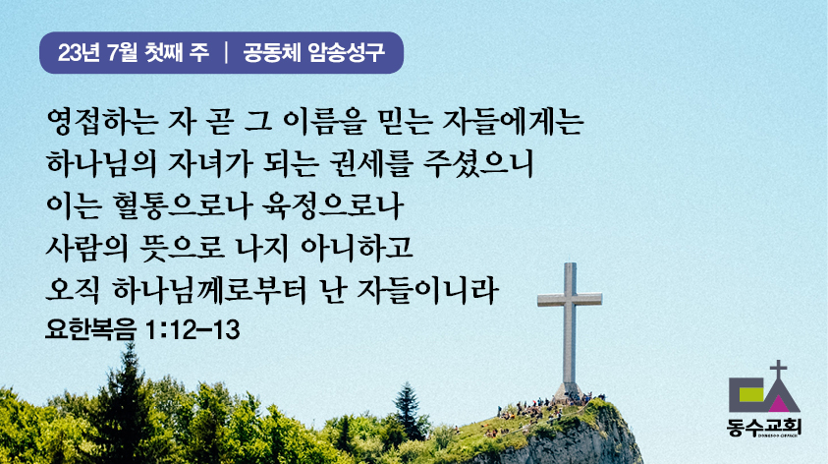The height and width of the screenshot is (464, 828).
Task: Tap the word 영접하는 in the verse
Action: [102, 122]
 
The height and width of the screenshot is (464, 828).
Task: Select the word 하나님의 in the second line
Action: [101, 163]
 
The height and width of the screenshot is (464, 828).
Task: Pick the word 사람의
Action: [86, 248]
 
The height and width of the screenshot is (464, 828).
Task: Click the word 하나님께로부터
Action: [209, 290]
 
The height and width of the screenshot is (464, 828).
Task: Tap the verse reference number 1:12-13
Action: [192, 329]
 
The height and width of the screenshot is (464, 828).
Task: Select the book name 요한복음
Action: [90, 329]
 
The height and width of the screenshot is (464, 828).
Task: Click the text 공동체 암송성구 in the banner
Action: [313, 52]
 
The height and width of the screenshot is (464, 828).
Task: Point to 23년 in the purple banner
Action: [79, 52]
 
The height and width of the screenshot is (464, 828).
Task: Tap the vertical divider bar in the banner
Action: [226, 52]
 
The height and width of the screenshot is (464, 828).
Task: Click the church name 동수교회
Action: [764, 426]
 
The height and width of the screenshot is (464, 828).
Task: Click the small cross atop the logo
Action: [778, 369]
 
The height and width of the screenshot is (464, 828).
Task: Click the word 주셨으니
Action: [478, 163]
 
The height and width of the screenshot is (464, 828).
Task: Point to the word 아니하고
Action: [357, 248]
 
